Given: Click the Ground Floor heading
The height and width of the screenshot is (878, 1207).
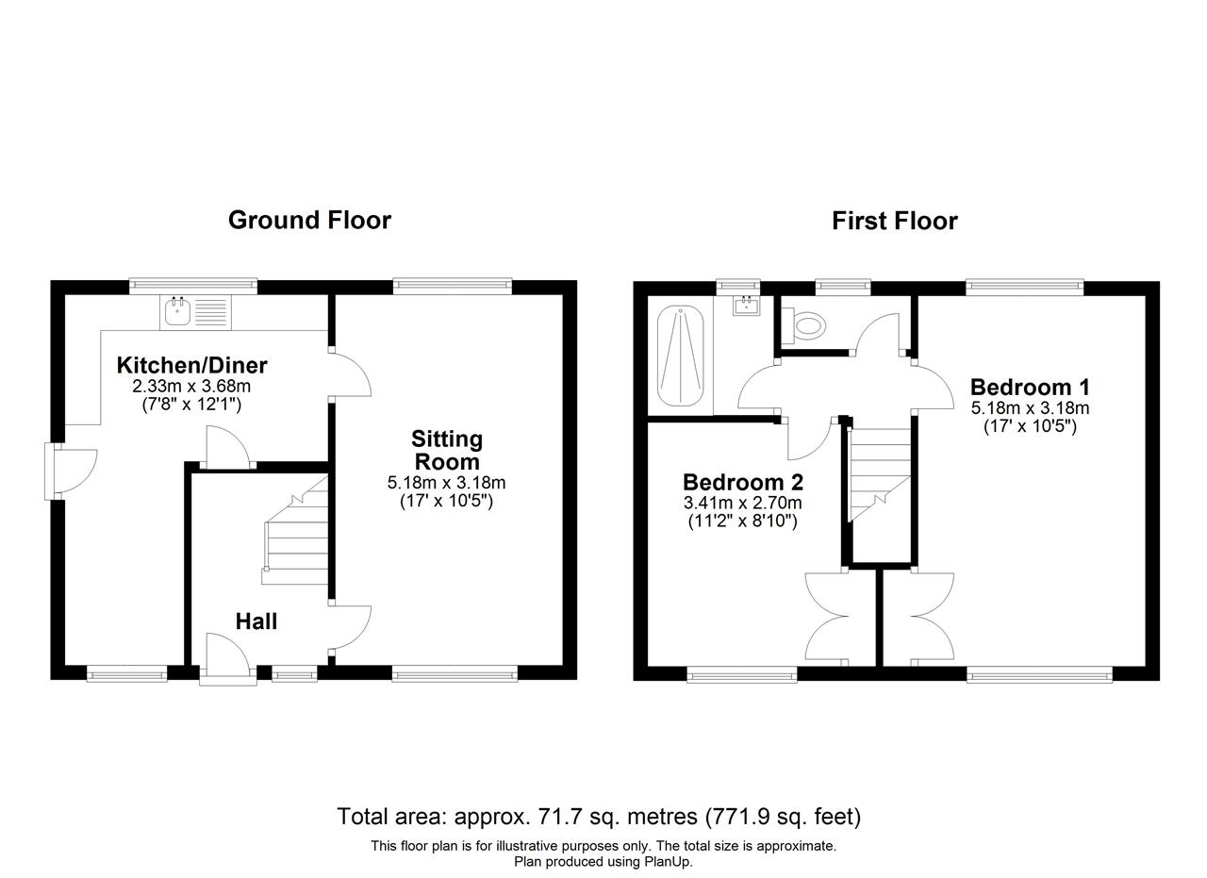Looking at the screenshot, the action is pyautogui.click(x=309, y=221).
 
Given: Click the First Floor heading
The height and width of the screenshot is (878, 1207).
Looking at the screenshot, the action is pyautogui.click(x=895, y=221).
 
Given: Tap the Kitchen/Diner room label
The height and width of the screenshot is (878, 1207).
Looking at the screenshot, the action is pyautogui.click(x=191, y=365).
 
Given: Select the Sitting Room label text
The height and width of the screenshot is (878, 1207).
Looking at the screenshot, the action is pyautogui.click(x=447, y=450).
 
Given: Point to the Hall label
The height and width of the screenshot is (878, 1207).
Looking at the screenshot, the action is pyautogui.click(x=256, y=621).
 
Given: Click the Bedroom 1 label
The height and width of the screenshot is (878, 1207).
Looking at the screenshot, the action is pyautogui.click(x=1030, y=387).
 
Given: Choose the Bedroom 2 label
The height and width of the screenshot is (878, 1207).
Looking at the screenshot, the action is pyautogui.click(x=743, y=482).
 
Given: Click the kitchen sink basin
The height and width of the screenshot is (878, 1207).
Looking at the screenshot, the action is pyautogui.click(x=178, y=311).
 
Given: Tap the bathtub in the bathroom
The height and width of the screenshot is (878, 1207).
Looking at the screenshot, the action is pyautogui.click(x=680, y=356).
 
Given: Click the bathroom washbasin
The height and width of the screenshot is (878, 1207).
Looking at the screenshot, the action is pyautogui.click(x=746, y=305).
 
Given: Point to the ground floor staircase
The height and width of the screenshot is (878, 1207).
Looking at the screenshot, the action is pyautogui.click(x=295, y=530).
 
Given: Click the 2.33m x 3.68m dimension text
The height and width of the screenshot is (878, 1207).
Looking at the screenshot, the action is pyautogui.click(x=191, y=386).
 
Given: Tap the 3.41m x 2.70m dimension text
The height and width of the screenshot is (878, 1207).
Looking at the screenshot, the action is pyautogui.click(x=742, y=503).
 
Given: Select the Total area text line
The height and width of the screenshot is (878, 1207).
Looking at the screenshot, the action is pyautogui.click(x=599, y=817).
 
